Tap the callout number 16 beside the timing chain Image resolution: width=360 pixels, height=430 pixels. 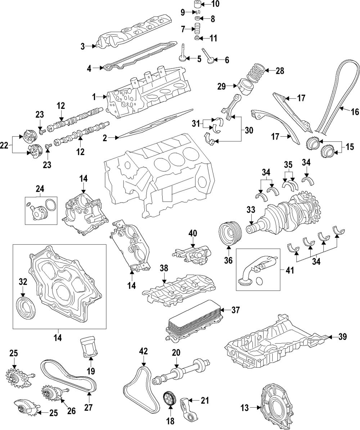[x=355, y=112]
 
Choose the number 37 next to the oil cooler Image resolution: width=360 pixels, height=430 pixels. [x=236, y=310]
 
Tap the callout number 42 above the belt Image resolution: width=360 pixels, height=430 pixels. [x=143, y=351]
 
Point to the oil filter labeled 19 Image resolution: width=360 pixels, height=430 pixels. [x=88, y=348]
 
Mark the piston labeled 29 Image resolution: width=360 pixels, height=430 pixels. [x=245, y=87]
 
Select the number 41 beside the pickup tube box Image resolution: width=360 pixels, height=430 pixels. [x=290, y=271]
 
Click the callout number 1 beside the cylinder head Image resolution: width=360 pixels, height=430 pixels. [x=94, y=97]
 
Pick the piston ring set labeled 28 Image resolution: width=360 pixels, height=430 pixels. [x=258, y=72]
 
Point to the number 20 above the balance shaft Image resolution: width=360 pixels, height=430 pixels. [x=176, y=353]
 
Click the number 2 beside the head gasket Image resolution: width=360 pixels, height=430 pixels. [x=104, y=139]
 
